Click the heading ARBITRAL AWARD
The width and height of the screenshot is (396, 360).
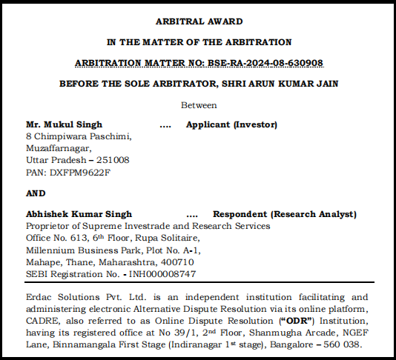click(x=199, y=23)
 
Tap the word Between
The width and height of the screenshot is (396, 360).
click(x=199, y=105)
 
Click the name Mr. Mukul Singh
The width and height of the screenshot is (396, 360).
click(x=64, y=124)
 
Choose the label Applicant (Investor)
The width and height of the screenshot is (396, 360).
click(x=231, y=124)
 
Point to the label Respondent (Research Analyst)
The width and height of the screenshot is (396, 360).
click(x=285, y=214)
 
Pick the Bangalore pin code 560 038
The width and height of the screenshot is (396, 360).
click(x=343, y=345)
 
